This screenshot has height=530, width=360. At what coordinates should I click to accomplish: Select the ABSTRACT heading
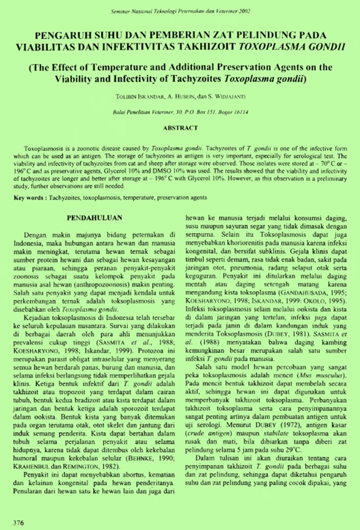[180, 128]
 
